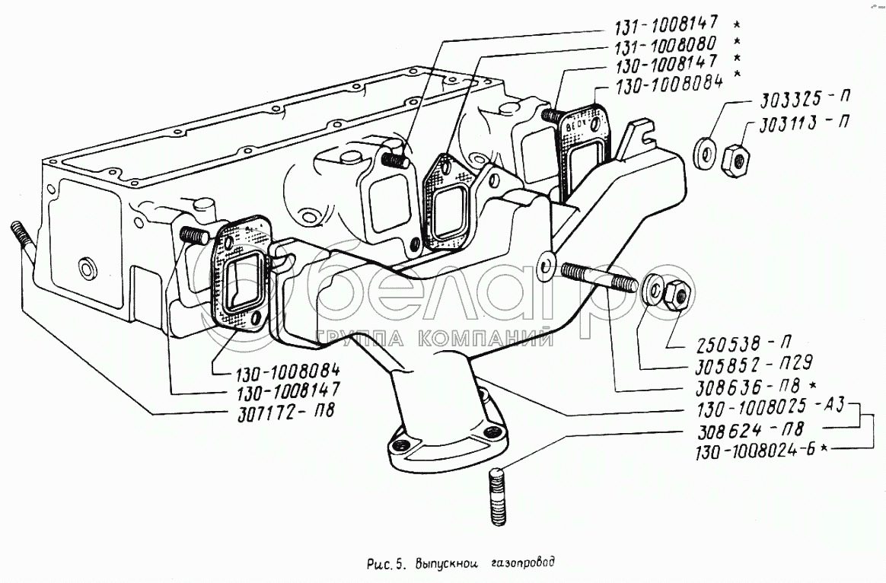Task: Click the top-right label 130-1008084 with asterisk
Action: (660, 84)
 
